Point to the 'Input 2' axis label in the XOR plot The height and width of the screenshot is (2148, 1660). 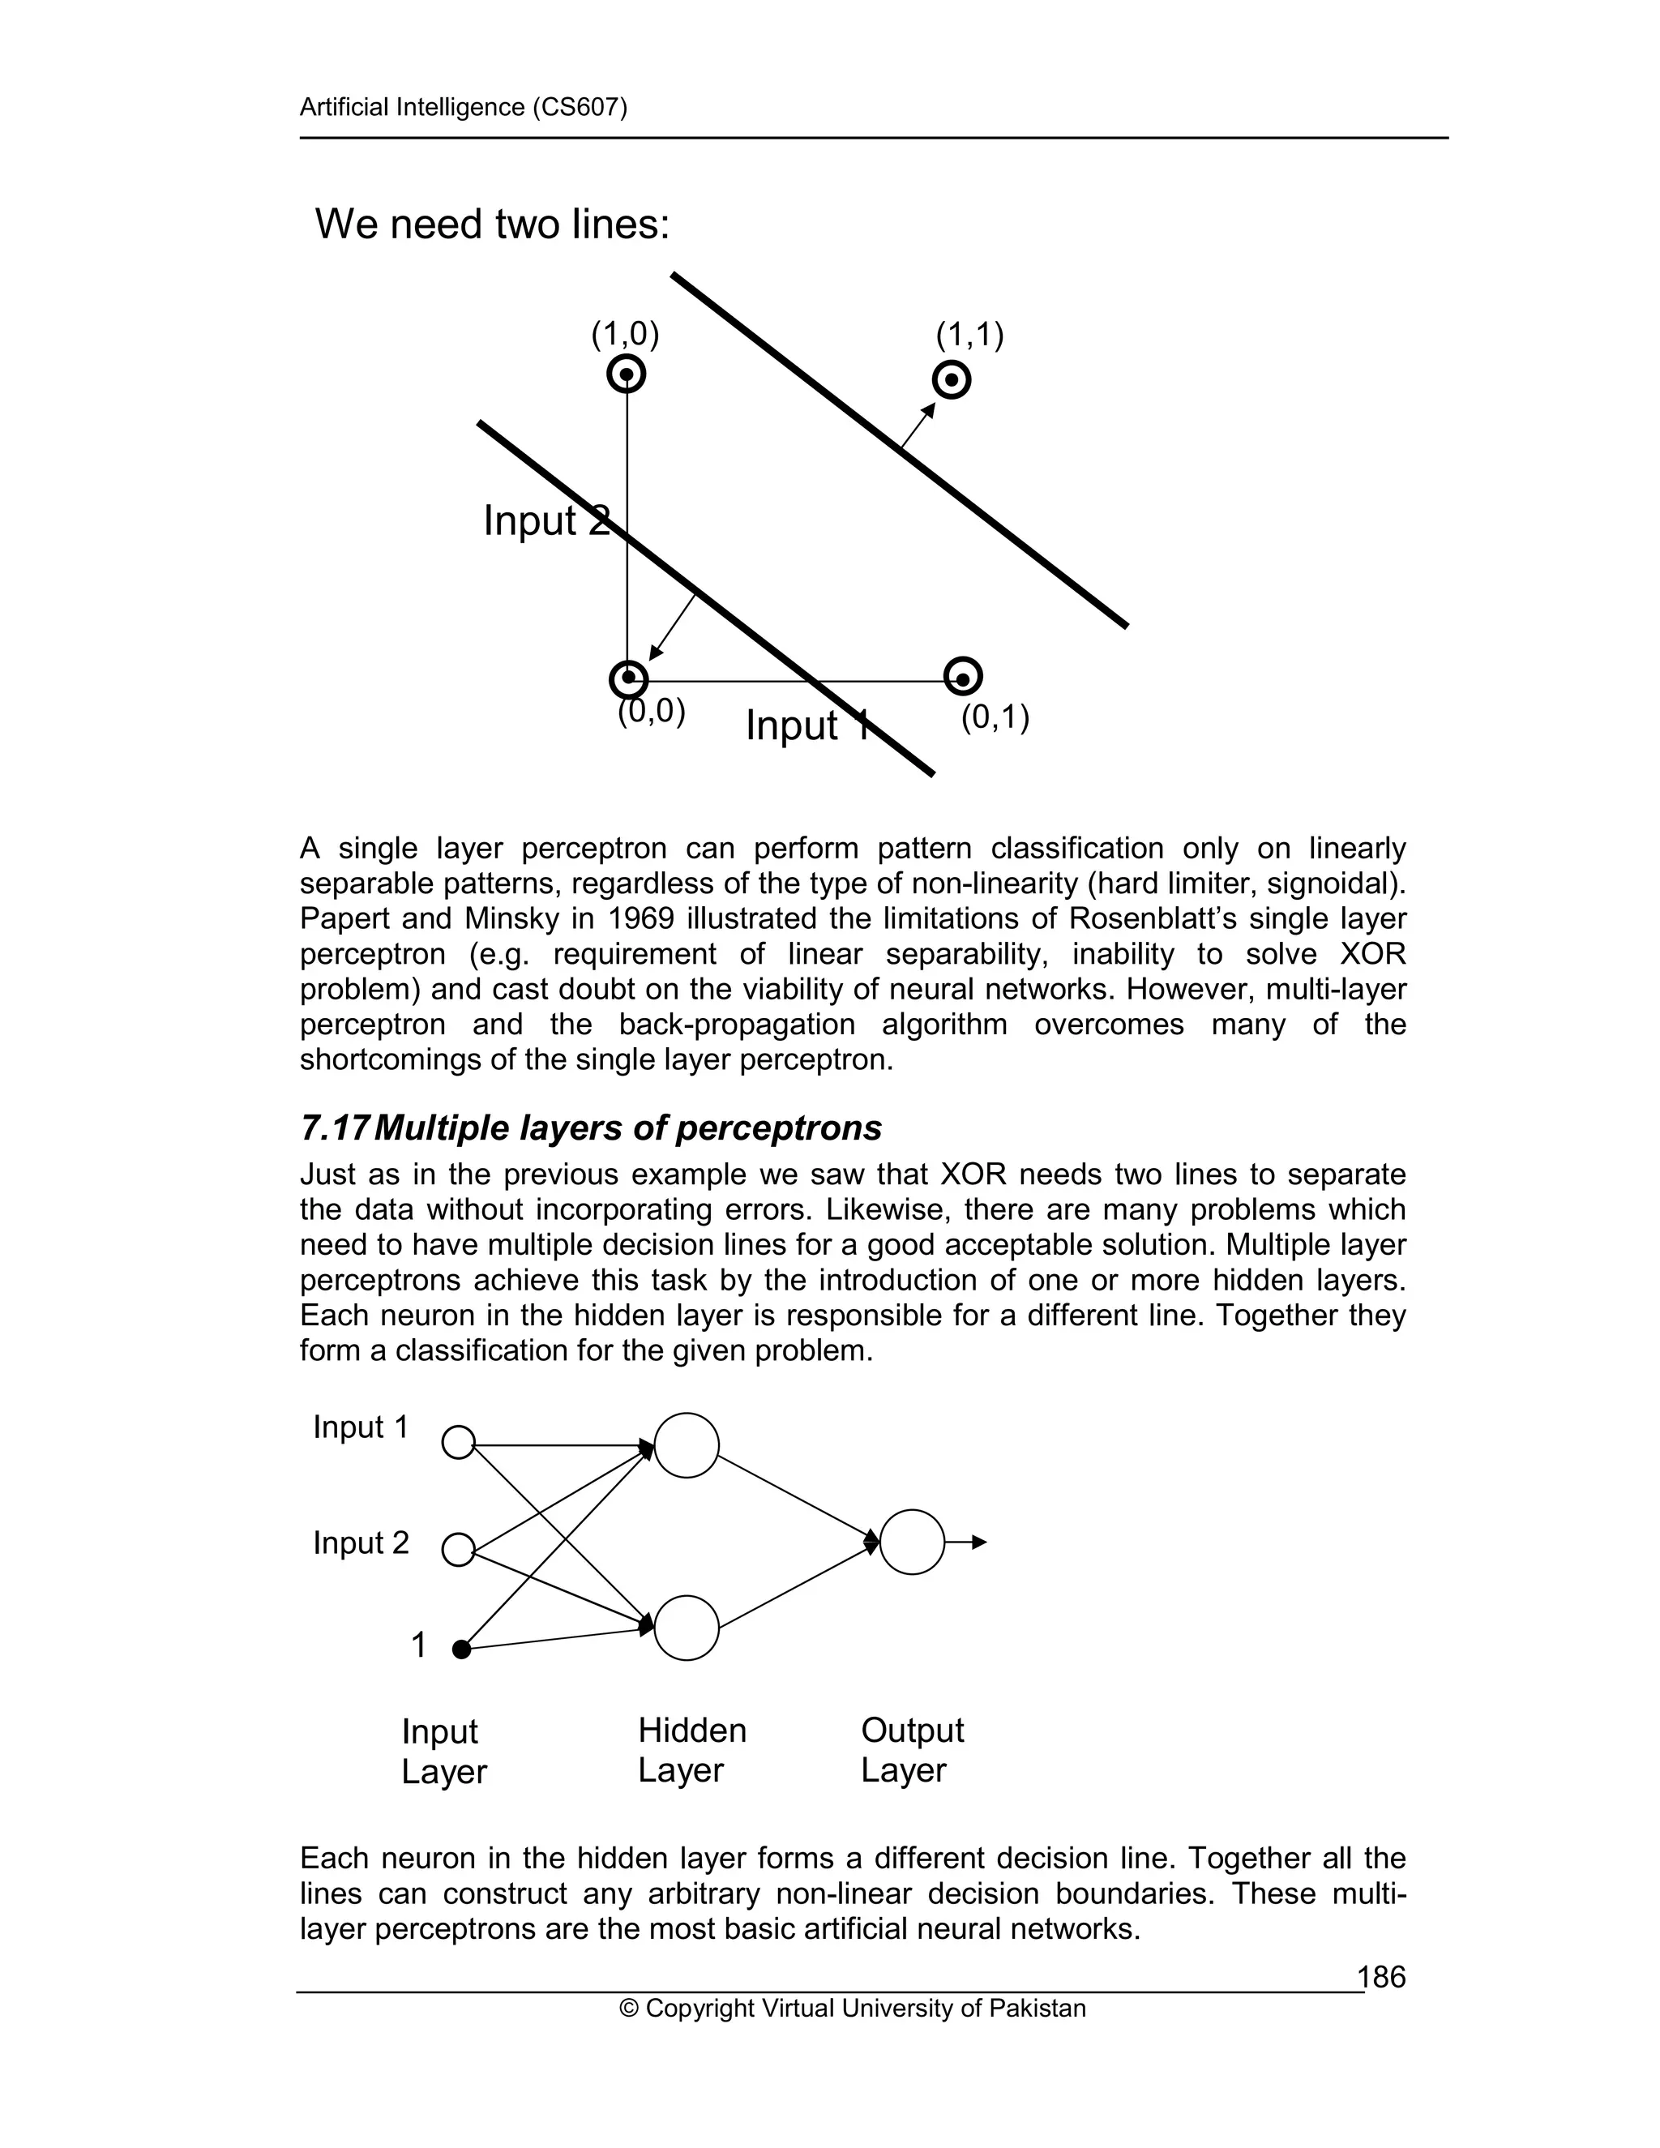coord(545,520)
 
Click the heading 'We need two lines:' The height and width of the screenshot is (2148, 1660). coord(492,225)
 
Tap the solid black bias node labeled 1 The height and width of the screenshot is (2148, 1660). coord(461,1650)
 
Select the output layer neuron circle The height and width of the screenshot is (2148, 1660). coord(912,1543)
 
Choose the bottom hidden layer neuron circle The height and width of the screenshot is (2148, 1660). coord(687,1628)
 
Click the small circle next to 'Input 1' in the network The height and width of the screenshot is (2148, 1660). coord(458,1442)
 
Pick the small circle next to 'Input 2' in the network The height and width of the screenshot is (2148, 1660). coord(458,1549)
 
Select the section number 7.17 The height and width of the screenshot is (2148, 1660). coord(335,1128)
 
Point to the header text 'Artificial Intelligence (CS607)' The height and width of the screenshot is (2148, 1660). coord(463,107)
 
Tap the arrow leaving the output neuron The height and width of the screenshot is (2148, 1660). coord(968,1543)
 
